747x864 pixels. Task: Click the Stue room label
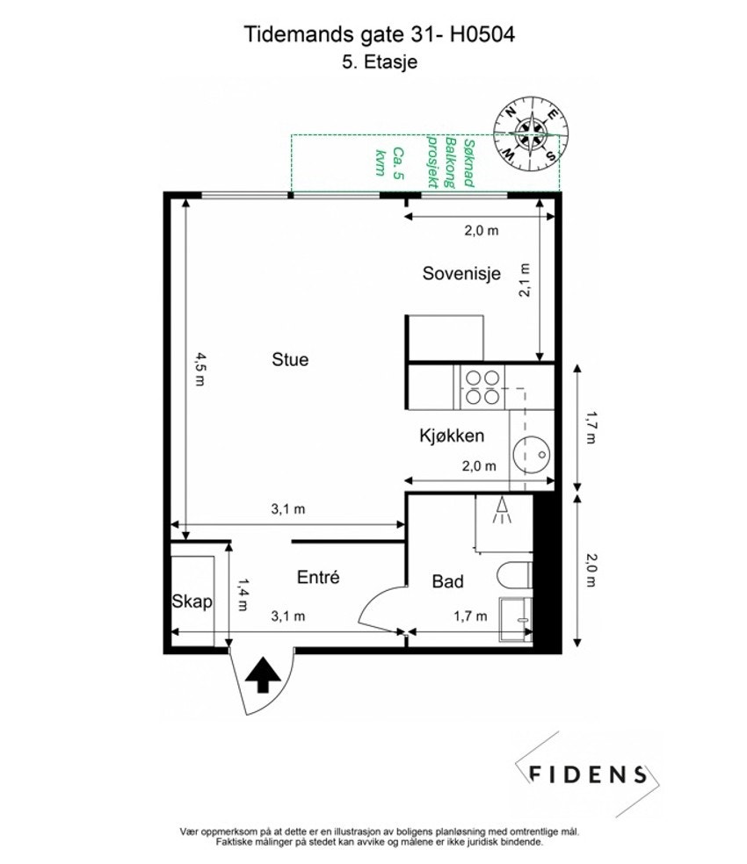[x=290, y=360]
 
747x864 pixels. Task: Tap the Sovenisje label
[x=461, y=273]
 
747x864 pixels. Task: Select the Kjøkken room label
[x=452, y=436]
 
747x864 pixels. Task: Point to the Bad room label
[x=447, y=581]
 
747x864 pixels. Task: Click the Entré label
[x=318, y=577]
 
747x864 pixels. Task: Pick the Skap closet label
[x=192, y=601]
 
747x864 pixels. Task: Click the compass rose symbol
[x=531, y=133]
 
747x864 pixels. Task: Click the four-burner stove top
[x=482, y=388]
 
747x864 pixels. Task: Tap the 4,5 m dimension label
[x=199, y=369]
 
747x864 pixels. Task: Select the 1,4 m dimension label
[x=243, y=594]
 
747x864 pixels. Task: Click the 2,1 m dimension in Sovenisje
[x=524, y=280]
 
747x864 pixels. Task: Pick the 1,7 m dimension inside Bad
[x=470, y=616]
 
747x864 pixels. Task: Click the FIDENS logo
[x=587, y=774]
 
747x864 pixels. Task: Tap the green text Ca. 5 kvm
[x=389, y=162]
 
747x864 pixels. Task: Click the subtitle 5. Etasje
[x=379, y=61]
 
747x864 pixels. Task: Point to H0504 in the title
[x=482, y=34]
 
